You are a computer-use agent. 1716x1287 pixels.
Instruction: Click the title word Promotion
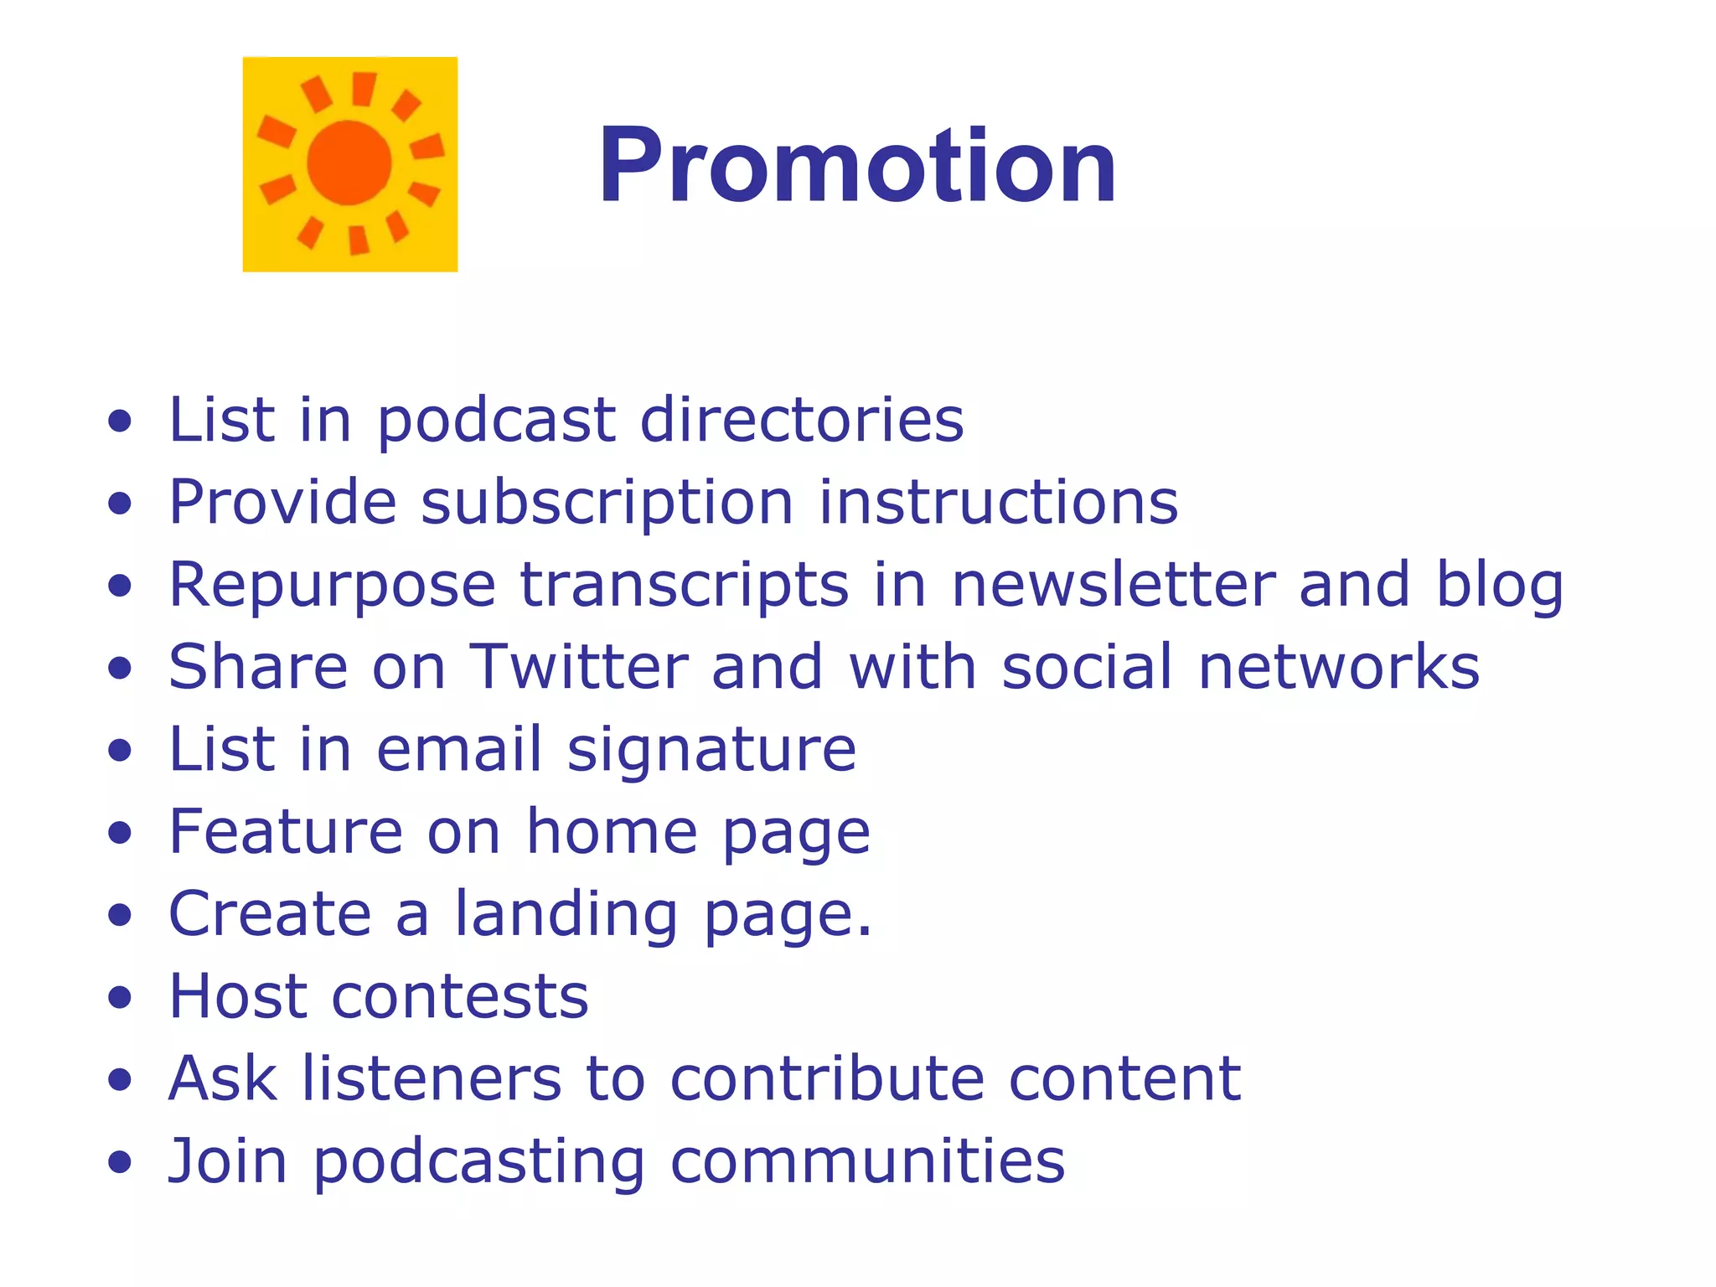click(856, 165)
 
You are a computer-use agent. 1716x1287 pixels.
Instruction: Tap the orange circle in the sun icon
click(349, 163)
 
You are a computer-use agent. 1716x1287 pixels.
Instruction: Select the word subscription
click(607, 503)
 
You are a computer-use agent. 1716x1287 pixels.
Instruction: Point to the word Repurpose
click(333, 585)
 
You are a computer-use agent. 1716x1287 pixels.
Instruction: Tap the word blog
click(1499, 585)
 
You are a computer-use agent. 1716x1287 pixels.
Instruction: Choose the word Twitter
click(579, 667)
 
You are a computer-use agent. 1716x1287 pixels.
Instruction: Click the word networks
click(1339, 667)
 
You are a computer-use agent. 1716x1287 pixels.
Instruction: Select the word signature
click(711, 750)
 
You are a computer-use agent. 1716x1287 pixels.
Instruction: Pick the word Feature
click(287, 831)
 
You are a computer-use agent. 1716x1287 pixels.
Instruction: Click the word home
click(612, 831)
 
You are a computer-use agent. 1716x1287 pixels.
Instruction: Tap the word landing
click(566, 914)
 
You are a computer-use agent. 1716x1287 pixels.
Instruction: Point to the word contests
click(460, 996)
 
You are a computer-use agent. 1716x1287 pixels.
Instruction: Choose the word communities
click(867, 1161)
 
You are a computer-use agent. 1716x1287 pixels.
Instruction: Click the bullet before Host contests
click(121, 997)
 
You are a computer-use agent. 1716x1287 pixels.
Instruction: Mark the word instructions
click(998, 503)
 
